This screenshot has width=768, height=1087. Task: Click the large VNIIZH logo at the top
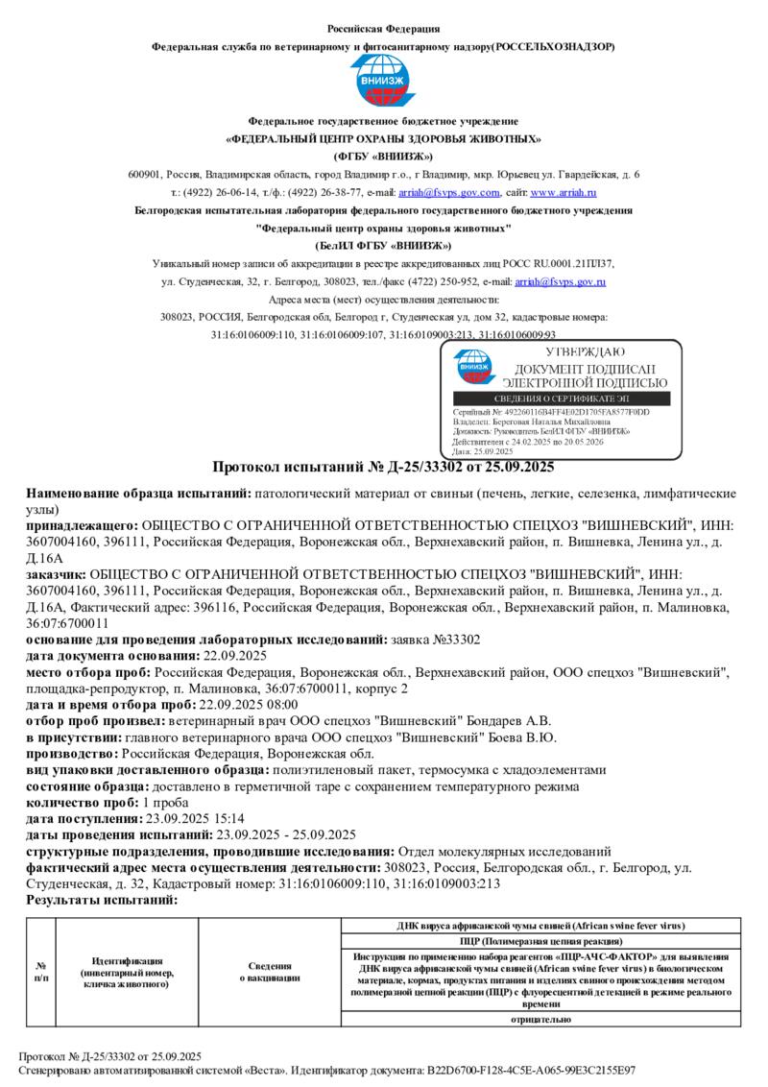(383, 81)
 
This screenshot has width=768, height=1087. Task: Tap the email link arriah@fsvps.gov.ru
(560, 281)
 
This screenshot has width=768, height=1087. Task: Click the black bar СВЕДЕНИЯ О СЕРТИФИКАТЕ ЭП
(561, 399)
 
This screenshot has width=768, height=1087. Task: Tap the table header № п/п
(41, 972)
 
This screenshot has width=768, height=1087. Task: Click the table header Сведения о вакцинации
(270, 972)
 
